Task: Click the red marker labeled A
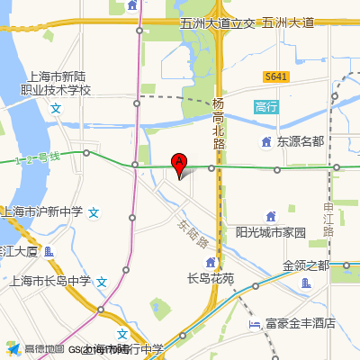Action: point(179,164)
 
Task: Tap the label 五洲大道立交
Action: point(219,23)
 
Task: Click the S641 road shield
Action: point(276,77)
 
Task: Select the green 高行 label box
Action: point(267,106)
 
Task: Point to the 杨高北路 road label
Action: point(219,122)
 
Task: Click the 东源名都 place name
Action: point(300,141)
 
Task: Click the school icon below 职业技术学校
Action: point(57,108)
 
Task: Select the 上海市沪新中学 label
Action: point(43,212)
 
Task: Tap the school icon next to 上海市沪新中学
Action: point(94,213)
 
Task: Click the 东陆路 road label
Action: point(191,236)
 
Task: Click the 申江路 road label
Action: point(328,220)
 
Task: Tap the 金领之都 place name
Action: point(306,266)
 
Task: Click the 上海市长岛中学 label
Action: point(50,281)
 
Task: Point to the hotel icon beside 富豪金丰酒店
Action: point(256,323)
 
